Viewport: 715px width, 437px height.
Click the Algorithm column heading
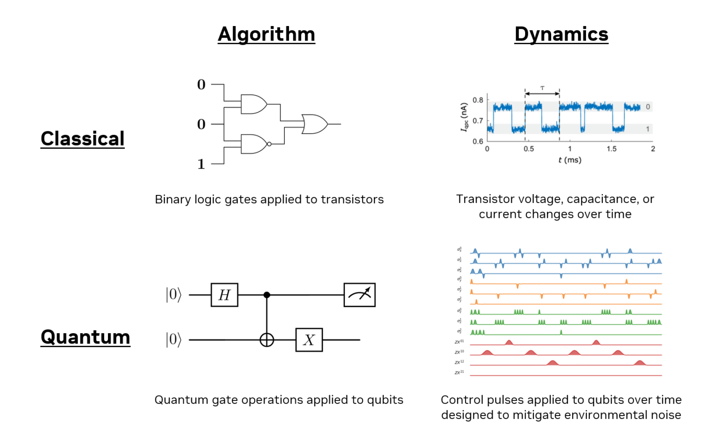coord(266,34)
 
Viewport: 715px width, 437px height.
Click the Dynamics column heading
coord(561,34)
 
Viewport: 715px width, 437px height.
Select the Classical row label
coord(82,139)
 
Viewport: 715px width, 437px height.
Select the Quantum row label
coord(85,337)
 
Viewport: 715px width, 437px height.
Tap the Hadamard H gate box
coord(224,295)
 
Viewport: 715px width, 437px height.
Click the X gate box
coord(309,340)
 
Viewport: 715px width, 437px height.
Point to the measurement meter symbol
coord(359,295)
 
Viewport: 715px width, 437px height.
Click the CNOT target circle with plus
coord(267,340)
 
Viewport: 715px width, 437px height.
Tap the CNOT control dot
coord(267,295)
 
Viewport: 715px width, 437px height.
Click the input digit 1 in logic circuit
coord(201,164)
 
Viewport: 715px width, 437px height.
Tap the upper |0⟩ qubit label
coord(174,295)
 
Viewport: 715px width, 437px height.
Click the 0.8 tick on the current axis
coord(478,100)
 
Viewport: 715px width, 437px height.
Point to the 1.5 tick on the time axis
coord(611,149)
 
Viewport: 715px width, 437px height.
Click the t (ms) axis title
coord(570,160)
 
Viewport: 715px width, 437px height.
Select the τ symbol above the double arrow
coord(542,88)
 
